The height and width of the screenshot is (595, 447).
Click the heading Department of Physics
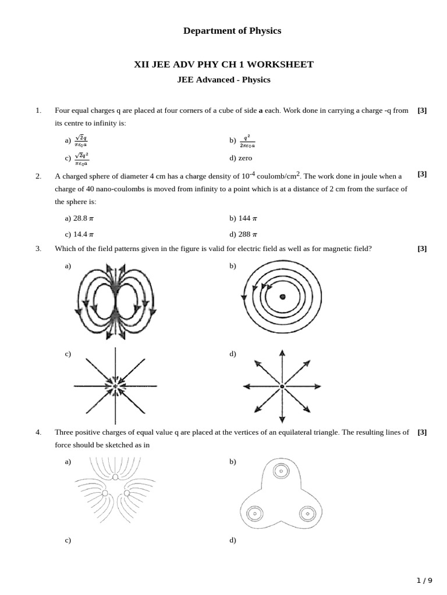click(x=232, y=31)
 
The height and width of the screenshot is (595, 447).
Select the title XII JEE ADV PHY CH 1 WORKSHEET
click(x=223, y=64)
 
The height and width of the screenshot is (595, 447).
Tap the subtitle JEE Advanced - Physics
click(x=223, y=80)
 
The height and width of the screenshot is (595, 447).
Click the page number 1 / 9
click(x=424, y=580)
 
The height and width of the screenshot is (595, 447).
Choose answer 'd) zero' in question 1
click(x=241, y=157)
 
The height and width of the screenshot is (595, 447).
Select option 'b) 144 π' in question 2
click(x=243, y=218)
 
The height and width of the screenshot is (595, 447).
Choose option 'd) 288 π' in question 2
click(x=243, y=234)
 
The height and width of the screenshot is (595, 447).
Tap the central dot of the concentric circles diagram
click(x=282, y=297)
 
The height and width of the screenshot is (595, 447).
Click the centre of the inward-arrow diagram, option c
click(x=115, y=386)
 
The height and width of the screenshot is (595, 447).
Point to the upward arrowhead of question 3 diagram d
click(x=282, y=353)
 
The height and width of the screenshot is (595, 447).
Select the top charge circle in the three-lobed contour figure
click(x=281, y=471)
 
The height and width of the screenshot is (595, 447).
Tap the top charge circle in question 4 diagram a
click(x=115, y=477)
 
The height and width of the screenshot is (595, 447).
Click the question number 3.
click(x=38, y=249)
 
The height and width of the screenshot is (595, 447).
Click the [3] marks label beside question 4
click(x=422, y=432)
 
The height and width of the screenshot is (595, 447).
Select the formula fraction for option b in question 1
click(x=247, y=141)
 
